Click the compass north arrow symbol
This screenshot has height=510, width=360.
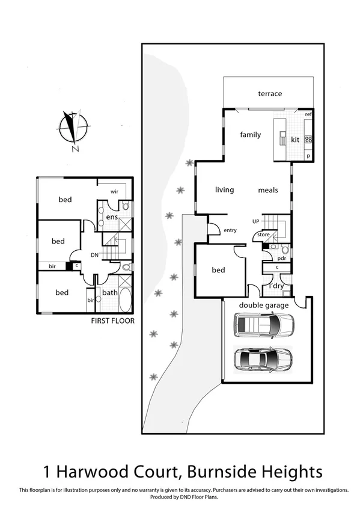click(x=74, y=127)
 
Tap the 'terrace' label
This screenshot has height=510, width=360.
click(x=270, y=94)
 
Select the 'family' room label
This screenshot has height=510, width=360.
click(x=251, y=135)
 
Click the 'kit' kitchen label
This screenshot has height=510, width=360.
click(x=295, y=140)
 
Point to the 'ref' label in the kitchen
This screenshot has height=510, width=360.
click(x=308, y=114)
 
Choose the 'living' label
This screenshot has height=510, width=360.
click(x=224, y=190)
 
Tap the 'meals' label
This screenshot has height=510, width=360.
click(x=268, y=190)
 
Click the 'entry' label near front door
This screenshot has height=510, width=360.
click(x=230, y=230)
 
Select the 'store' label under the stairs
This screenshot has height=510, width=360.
click(x=263, y=235)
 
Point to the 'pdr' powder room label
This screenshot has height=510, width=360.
click(x=280, y=258)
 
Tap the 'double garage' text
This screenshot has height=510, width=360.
click(x=264, y=306)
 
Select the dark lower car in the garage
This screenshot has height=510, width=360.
click(x=263, y=360)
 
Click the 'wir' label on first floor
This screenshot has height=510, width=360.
click(x=114, y=192)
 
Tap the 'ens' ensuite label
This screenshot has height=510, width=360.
click(x=112, y=217)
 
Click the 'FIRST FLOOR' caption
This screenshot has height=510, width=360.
click(x=112, y=321)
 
